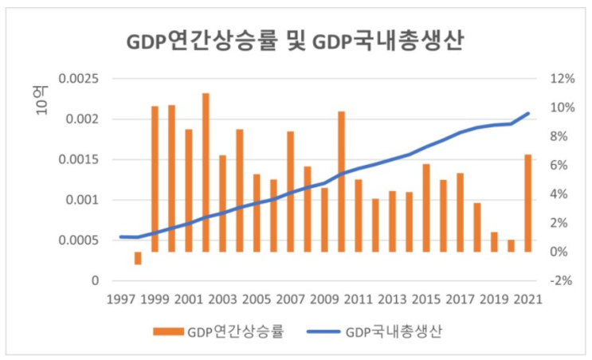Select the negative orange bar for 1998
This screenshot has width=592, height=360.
pyautogui.click(x=138, y=258)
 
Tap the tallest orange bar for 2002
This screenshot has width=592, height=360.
pyautogui.click(x=206, y=172)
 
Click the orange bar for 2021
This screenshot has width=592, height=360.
pyautogui.click(x=527, y=203)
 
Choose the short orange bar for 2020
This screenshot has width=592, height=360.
pyautogui.click(x=511, y=245)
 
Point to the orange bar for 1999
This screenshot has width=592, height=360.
pyautogui.click(x=155, y=178)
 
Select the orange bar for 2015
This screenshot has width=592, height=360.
pyautogui.click(x=426, y=208)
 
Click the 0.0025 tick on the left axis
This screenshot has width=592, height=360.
pyautogui.click(x=80, y=79)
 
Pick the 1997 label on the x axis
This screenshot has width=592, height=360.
pyautogui.click(x=120, y=299)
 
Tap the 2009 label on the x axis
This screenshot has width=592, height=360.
pyautogui.click(x=324, y=299)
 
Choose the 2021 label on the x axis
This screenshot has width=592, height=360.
pyautogui.click(x=527, y=299)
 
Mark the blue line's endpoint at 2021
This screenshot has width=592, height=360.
pyautogui.click(x=527, y=113)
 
